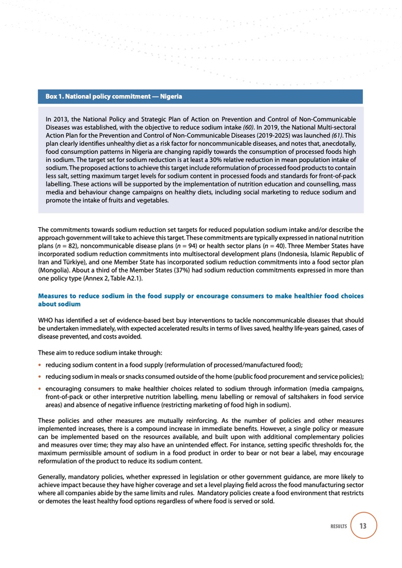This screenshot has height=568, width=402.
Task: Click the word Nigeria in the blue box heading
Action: (171, 96)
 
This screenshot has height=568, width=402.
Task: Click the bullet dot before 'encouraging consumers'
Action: (40, 388)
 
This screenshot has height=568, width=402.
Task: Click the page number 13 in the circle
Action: (363, 526)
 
